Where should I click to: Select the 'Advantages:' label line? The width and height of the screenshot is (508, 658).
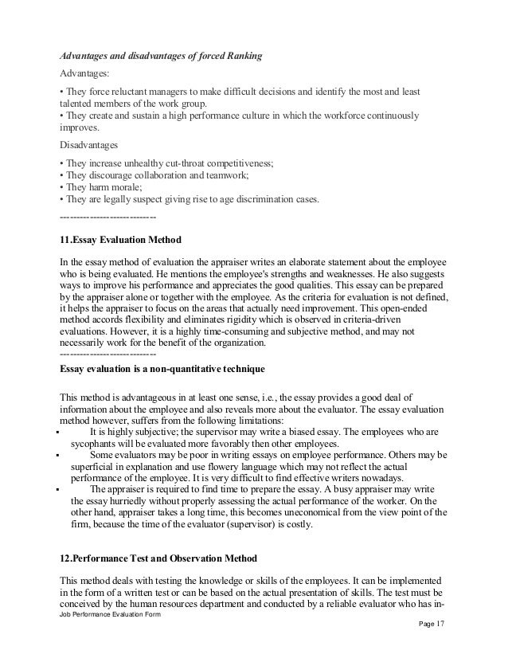88,76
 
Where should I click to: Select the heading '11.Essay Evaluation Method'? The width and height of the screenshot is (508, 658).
121,240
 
